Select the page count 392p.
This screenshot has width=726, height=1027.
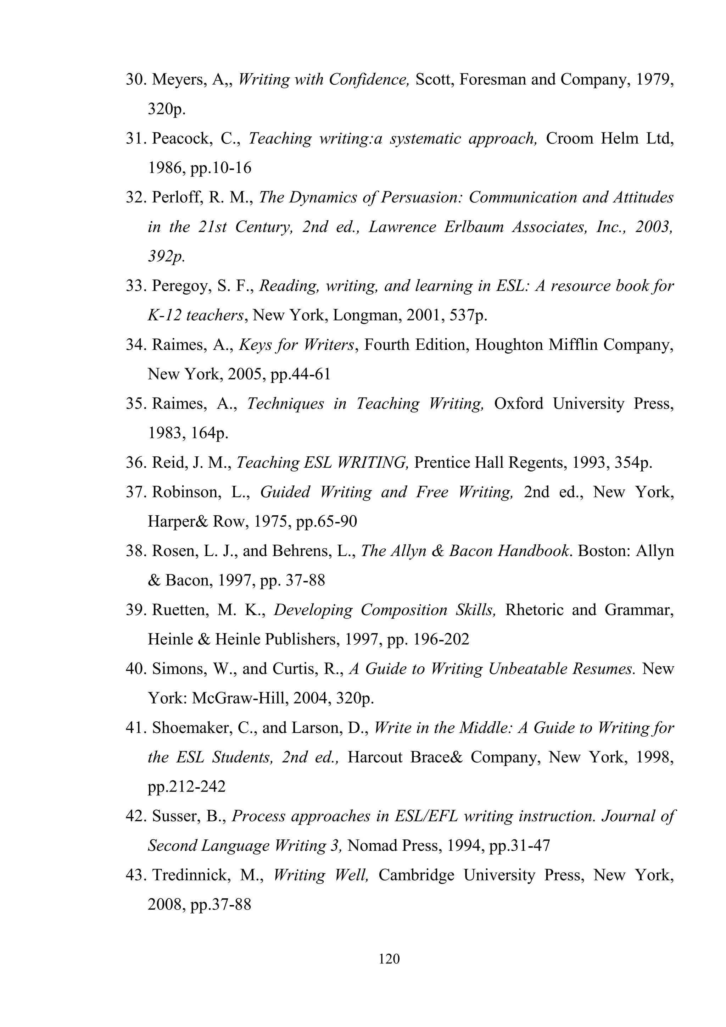click(166, 256)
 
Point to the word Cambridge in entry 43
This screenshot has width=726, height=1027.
click(416, 875)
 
